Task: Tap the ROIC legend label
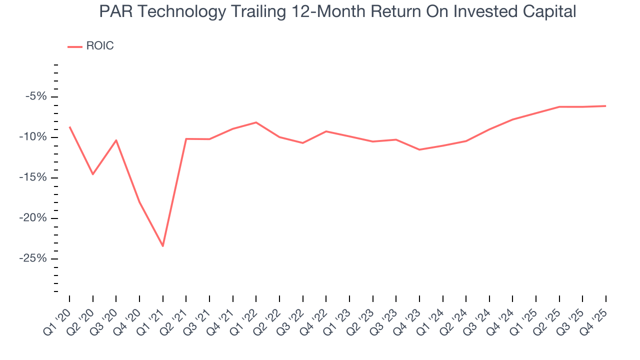(100, 46)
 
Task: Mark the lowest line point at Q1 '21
(162, 246)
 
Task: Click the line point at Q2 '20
(92, 174)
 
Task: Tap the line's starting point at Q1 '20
(69, 127)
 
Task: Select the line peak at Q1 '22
(256, 122)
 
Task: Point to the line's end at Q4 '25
(605, 106)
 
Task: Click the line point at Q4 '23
(419, 149)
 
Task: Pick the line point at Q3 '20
(116, 140)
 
